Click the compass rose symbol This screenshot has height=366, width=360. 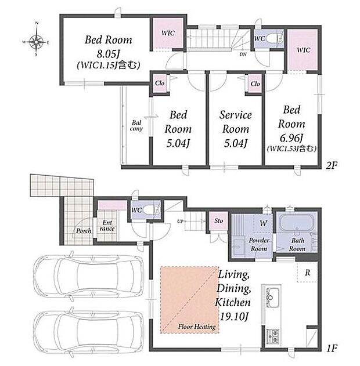36,42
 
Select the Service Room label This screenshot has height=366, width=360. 236,122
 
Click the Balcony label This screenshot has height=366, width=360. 136,126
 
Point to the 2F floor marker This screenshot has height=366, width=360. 331,165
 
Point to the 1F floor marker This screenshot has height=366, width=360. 332,349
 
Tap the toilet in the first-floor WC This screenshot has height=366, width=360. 152,210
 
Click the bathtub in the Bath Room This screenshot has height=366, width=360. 297,223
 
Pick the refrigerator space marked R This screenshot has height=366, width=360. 307,272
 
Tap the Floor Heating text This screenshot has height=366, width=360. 197,327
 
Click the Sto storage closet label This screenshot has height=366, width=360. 218,220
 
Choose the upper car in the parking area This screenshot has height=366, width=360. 88,277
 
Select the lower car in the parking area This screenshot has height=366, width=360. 88,332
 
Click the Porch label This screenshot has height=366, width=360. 84,231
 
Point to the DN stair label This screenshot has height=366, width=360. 243,54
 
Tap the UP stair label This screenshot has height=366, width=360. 180,221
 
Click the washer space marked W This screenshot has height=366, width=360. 263,223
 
